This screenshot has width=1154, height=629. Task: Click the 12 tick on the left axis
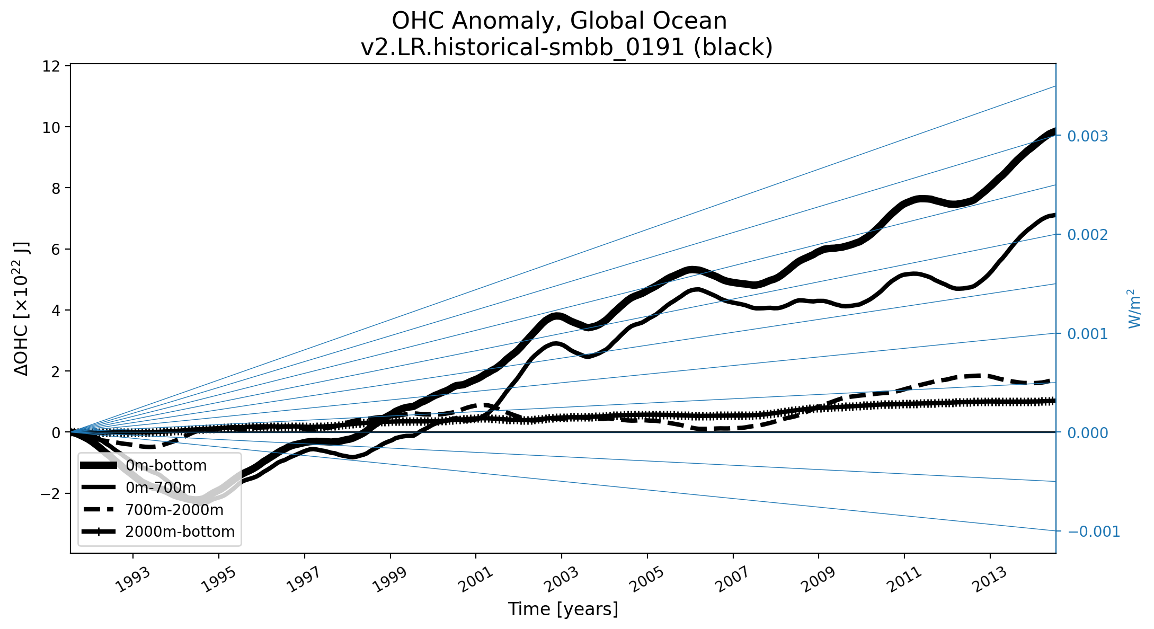(56, 66)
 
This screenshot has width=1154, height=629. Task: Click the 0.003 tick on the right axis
(1087, 136)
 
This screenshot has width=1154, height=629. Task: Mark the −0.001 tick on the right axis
(1093, 531)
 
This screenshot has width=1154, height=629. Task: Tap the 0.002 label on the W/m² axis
(1087, 235)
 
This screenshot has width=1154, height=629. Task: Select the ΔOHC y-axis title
(22, 308)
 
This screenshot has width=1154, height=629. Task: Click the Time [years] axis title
(563, 609)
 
